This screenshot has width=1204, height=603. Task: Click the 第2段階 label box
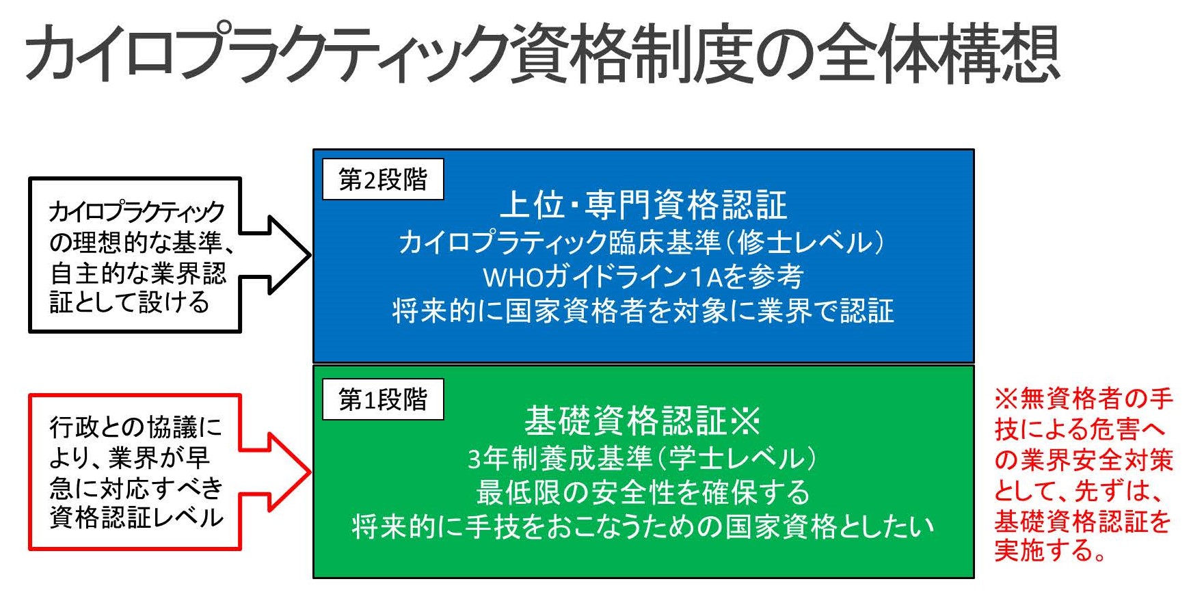[x=383, y=179]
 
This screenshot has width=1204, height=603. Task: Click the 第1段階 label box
[x=383, y=399]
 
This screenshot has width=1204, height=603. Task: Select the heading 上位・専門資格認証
[x=643, y=204]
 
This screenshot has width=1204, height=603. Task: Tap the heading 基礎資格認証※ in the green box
[x=643, y=420]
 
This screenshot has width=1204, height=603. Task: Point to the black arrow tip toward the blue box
[x=311, y=255]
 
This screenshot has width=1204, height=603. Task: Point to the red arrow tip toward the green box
[x=311, y=471]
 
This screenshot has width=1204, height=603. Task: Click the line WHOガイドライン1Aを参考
[x=643, y=276]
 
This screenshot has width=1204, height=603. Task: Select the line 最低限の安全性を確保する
[x=643, y=492]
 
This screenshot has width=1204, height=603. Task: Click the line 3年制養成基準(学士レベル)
[x=643, y=458]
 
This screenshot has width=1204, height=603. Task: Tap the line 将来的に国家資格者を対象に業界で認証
[x=643, y=310]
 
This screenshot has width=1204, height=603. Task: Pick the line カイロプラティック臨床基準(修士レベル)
[x=643, y=242]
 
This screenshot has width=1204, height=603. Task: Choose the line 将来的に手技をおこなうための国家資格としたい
[x=643, y=526]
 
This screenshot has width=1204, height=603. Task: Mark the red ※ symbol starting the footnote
[x=1007, y=399]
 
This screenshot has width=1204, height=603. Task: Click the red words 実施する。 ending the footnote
[x=1051, y=550]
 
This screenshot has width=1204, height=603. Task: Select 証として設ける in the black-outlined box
[x=129, y=301]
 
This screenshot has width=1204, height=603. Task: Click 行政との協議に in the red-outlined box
[x=136, y=427]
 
